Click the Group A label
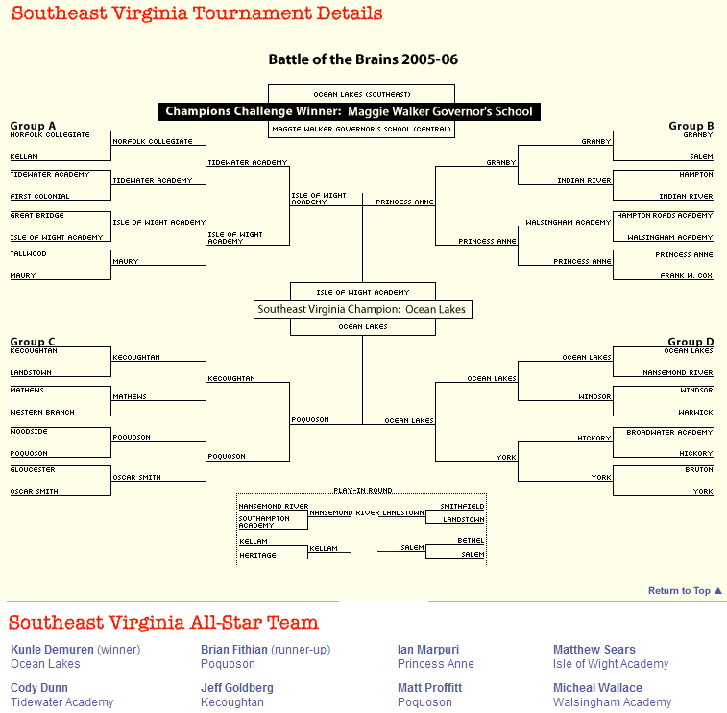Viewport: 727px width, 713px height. coord(33,126)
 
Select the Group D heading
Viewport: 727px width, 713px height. coord(691,342)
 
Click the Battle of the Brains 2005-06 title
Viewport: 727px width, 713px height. coord(363,59)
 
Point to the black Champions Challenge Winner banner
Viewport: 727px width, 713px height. coord(349,111)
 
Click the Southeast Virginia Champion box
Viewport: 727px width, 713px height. coord(363,309)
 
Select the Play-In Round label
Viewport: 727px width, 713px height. coord(362,490)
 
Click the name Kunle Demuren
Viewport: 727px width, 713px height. coord(52,650)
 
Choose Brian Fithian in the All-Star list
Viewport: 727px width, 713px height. coord(234,650)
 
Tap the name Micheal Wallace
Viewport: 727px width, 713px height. coord(597,688)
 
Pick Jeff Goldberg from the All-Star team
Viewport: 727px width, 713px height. coord(237,688)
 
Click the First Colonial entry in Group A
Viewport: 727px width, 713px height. coord(39,196)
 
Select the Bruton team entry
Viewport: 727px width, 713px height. coord(700,470)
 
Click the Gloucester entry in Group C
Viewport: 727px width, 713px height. coord(33,470)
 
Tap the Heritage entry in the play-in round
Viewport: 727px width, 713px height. coord(257,555)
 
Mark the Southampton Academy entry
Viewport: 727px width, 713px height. coord(263,522)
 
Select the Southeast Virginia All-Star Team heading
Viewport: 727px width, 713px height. coord(163,623)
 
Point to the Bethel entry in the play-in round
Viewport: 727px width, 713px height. coord(471,540)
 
